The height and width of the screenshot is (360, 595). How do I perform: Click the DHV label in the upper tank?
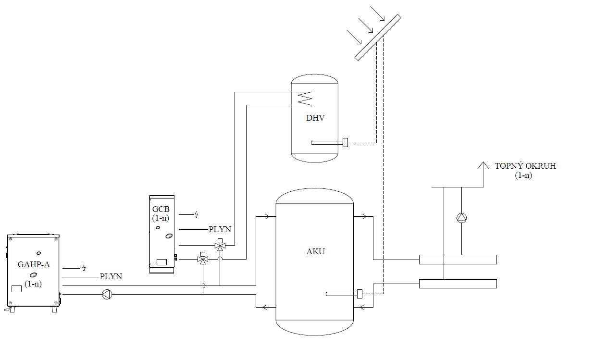point(315,118)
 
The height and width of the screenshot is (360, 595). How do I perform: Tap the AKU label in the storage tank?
point(315,251)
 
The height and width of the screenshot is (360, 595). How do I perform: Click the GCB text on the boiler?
point(161,209)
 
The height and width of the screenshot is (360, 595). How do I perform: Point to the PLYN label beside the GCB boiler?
point(220,230)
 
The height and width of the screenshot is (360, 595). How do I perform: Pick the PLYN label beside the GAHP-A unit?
point(111,276)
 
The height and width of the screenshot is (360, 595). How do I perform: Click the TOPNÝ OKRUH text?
point(525,166)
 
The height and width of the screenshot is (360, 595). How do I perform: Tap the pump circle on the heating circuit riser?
point(461,218)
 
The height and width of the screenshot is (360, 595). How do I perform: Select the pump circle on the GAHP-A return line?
point(106,294)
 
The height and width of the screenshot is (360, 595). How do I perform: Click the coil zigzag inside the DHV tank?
point(305,99)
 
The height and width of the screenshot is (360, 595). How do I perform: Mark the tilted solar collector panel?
point(378,37)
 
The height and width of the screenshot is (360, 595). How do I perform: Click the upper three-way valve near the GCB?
point(220,246)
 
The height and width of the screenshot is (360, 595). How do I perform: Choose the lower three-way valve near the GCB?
point(203,260)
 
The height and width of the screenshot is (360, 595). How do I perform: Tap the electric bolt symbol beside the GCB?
point(196,214)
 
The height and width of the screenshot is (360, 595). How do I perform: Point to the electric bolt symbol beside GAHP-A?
point(84,268)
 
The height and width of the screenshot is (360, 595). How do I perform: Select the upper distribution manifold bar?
point(458,260)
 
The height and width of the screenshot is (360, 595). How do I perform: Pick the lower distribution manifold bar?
point(458,284)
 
